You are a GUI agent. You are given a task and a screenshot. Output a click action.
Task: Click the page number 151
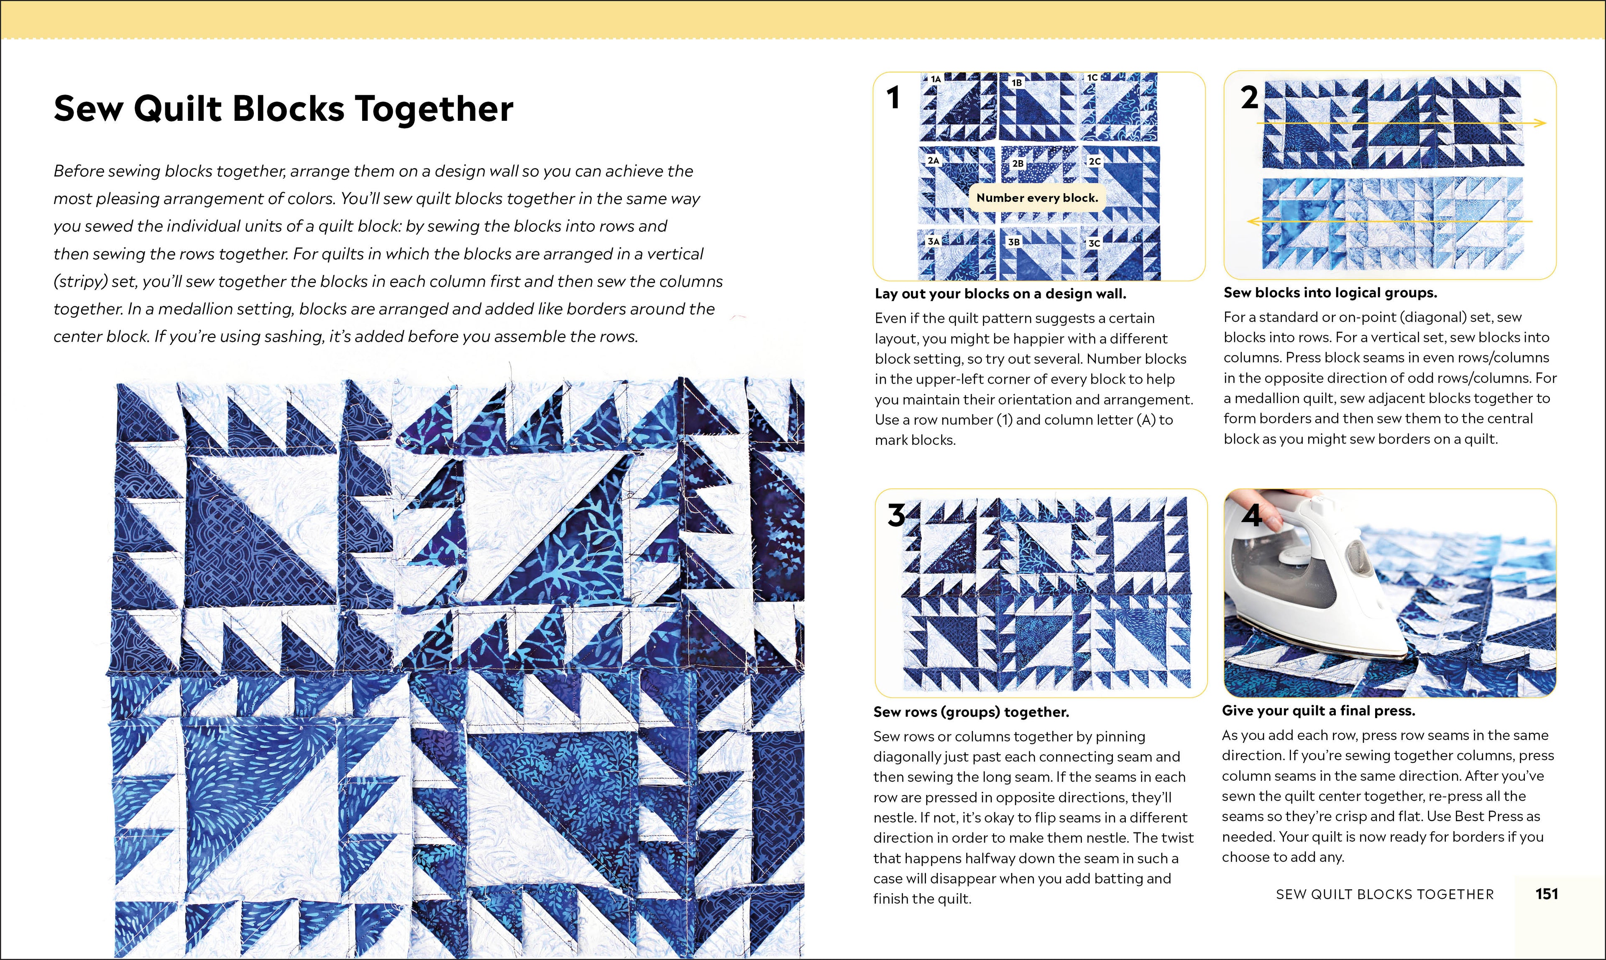[x=1547, y=894]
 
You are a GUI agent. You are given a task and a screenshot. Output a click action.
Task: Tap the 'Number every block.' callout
[x=1037, y=198]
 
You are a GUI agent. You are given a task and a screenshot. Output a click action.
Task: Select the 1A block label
[x=936, y=79]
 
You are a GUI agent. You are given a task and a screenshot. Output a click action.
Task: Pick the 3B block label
[x=1014, y=242]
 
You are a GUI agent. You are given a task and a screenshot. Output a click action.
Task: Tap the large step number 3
[x=896, y=516]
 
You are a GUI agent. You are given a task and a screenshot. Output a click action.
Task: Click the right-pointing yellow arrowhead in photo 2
[x=1541, y=123]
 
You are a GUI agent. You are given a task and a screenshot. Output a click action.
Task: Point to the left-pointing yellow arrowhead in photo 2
[x=1252, y=221]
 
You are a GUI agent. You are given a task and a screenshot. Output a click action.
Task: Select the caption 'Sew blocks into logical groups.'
[x=1330, y=292]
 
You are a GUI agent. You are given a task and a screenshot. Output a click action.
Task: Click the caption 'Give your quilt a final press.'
[x=1318, y=710]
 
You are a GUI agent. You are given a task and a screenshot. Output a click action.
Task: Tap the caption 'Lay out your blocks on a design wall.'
[x=1000, y=294]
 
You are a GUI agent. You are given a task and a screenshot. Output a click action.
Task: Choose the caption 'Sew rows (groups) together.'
[x=971, y=712]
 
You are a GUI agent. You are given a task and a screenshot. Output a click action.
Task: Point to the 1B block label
[x=1017, y=83]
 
